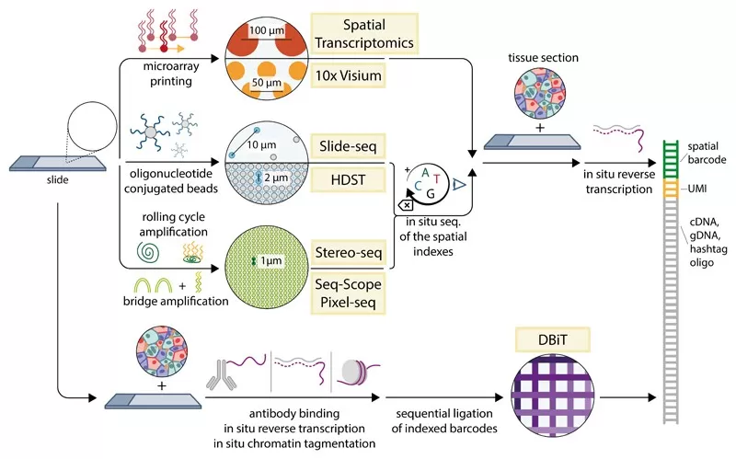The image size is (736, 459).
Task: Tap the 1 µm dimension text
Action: [x=267, y=262]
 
